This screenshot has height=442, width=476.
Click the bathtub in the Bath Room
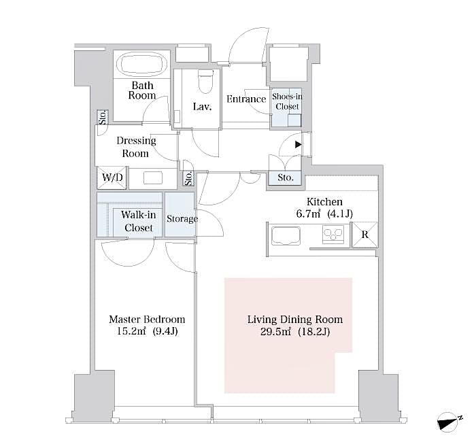(143, 65)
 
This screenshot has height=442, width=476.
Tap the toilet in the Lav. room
(204, 82)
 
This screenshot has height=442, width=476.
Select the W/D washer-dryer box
(112, 178)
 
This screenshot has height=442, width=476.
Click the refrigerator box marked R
(364, 235)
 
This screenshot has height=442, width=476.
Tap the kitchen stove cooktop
(333, 236)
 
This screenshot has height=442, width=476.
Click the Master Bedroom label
(147, 319)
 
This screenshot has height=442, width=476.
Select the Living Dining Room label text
(294, 319)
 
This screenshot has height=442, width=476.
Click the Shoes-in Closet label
(286, 101)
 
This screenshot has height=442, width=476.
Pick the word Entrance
(245, 99)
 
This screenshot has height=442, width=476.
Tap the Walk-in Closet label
(139, 222)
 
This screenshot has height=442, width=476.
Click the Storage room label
(182, 219)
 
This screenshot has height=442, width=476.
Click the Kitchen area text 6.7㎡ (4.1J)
(324, 214)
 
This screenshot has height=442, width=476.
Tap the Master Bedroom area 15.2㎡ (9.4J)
(147, 331)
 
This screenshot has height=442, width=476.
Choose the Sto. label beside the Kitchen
(286, 178)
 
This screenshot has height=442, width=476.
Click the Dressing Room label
(136, 147)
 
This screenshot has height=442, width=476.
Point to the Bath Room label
(143, 90)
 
